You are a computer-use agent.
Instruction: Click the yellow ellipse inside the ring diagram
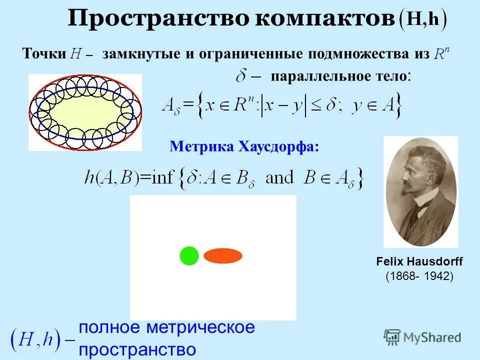point(85,112)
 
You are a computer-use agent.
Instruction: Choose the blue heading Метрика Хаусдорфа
point(244,146)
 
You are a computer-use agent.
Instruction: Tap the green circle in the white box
point(189,255)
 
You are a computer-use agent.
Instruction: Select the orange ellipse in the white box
point(223,255)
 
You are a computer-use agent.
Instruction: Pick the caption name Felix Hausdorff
point(419,261)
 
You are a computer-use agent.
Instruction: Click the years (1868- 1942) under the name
point(419,275)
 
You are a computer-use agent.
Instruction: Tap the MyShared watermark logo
point(422,337)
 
